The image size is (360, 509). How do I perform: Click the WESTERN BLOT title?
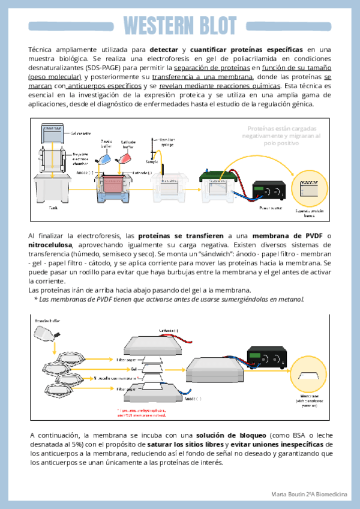[x=179, y=25]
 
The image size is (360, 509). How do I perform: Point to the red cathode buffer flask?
[x=126, y=158]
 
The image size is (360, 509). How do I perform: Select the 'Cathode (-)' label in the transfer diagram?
[x=168, y=331]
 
